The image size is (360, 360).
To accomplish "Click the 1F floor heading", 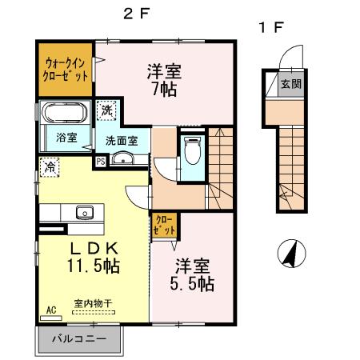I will pyautogui.click(x=270, y=28).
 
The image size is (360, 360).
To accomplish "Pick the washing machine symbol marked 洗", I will pyautogui.click(x=106, y=111).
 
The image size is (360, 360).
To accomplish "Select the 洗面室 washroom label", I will pyautogui.click(x=122, y=141).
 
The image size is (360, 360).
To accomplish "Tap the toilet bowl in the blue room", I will pyautogui.click(x=192, y=150).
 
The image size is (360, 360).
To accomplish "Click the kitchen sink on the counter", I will pyautogui.click(x=83, y=212).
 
